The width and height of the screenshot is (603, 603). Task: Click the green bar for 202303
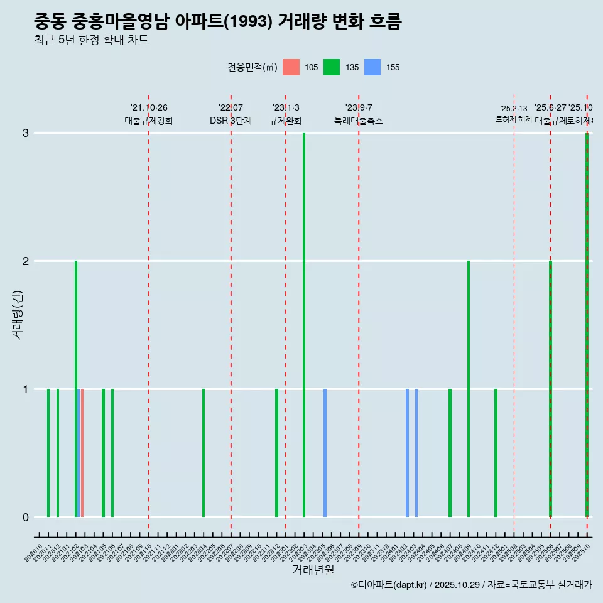tap(304, 325)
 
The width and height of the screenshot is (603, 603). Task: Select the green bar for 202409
tap(469, 389)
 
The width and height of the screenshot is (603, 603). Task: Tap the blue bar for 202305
tap(325, 453)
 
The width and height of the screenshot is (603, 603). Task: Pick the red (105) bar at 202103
tap(82, 453)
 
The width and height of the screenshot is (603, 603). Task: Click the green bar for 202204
tap(204, 453)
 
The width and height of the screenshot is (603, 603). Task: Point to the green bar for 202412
tap(496, 453)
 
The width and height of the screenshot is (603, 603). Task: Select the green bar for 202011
tap(48, 453)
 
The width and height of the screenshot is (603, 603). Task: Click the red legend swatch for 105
tap(291, 67)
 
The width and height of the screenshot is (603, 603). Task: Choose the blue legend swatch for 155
tap(372, 67)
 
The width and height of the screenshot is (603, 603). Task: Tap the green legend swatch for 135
tap(332, 67)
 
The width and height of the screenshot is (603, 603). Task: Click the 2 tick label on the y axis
tap(26, 261)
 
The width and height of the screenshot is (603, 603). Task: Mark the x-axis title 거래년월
tap(313, 570)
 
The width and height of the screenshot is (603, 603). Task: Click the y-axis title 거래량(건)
tap(18, 314)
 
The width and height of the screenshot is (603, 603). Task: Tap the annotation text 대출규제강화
tap(149, 121)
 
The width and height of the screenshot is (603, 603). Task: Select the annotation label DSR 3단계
tap(231, 121)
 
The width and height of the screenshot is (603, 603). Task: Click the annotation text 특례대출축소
tap(359, 121)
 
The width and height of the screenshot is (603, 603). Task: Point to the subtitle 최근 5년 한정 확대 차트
tap(91, 41)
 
